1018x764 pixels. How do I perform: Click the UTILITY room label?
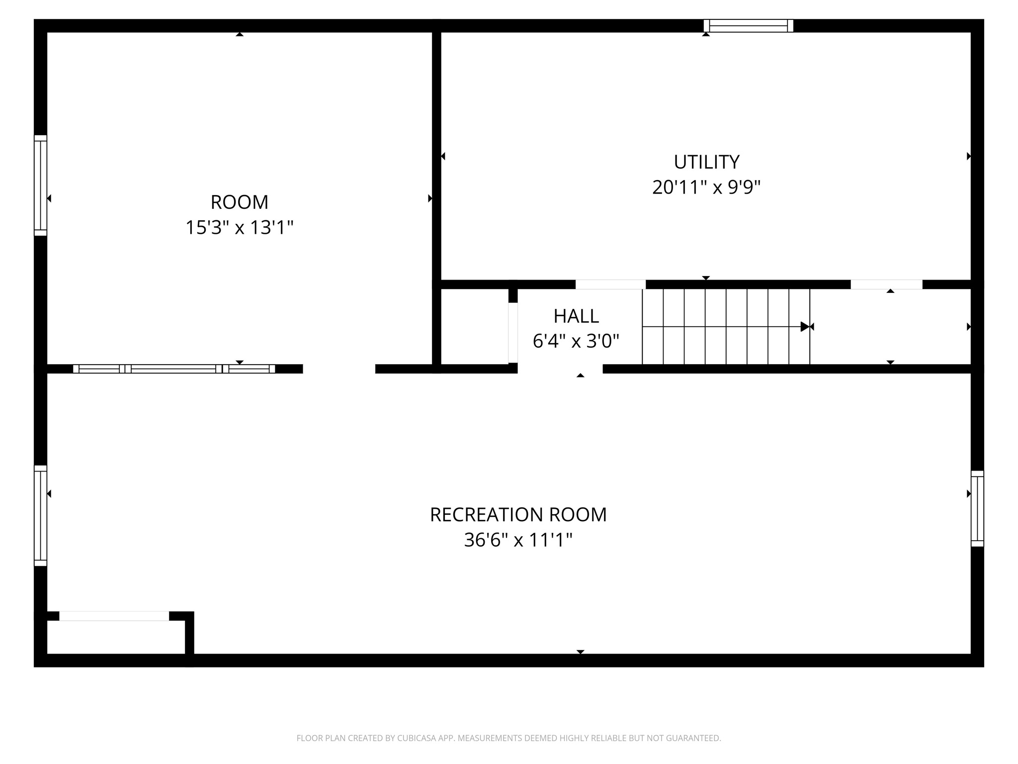(x=706, y=162)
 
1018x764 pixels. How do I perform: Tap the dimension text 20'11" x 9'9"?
(x=706, y=188)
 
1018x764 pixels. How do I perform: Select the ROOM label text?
(x=239, y=202)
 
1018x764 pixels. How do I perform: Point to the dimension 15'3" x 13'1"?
(x=239, y=228)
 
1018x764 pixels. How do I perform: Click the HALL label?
(x=576, y=316)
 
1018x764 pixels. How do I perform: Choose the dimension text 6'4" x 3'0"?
(x=576, y=341)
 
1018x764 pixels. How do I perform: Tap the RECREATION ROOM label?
(x=518, y=515)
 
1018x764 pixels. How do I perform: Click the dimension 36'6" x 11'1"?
(x=518, y=540)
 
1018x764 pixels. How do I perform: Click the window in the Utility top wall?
(x=748, y=26)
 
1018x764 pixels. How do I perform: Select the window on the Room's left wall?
(x=41, y=185)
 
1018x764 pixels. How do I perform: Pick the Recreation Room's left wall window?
(x=41, y=515)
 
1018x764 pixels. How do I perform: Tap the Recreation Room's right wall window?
(x=977, y=508)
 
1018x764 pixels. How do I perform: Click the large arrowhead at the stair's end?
(x=805, y=327)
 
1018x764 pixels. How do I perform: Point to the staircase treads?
(x=726, y=327)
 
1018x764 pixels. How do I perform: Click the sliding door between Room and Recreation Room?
(x=174, y=369)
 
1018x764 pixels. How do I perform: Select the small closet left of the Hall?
(x=474, y=326)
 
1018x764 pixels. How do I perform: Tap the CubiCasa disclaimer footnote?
(x=509, y=738)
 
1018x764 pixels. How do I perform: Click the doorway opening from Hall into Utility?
(x=610, y=285)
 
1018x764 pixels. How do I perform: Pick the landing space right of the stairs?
(x=890, y=327)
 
